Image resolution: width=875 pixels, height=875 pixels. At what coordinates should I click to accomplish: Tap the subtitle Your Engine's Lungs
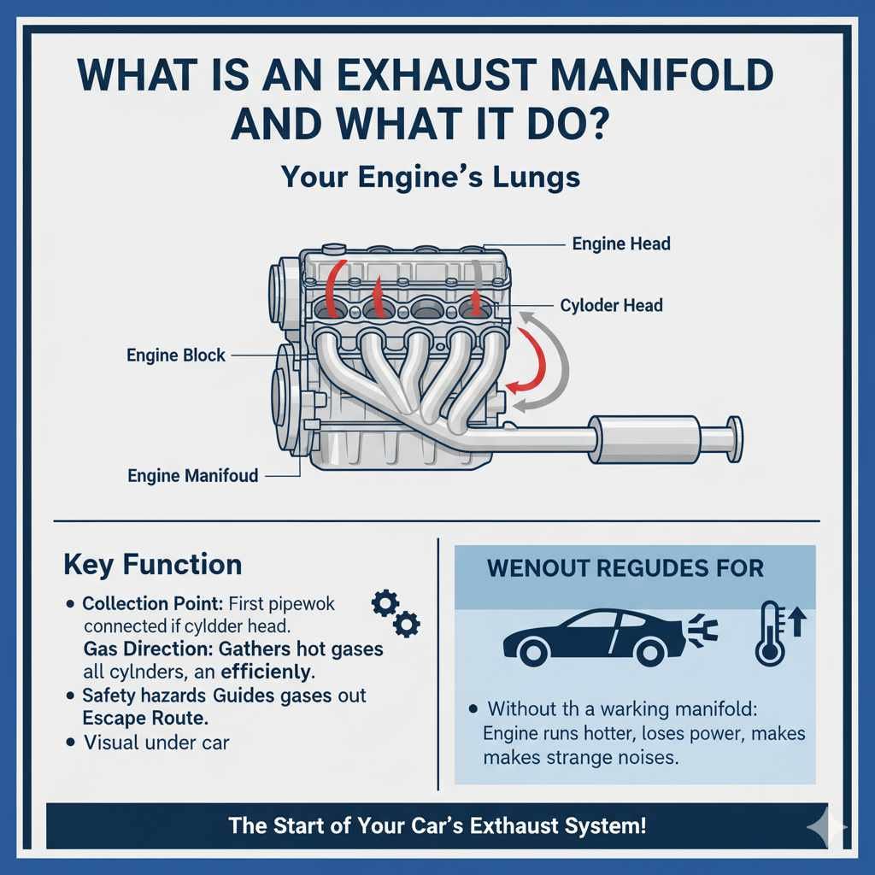click(431, 177)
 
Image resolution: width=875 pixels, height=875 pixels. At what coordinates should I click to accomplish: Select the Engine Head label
click(621, 244)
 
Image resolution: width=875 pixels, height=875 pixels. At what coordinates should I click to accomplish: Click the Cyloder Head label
click(611, 305)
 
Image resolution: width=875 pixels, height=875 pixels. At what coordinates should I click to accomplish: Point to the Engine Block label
click(176, 355)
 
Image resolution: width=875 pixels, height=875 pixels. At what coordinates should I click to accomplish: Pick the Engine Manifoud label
click(192, 475)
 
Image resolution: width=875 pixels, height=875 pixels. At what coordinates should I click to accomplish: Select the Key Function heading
click(152, 565)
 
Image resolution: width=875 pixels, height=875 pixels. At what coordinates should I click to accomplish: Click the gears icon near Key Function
click(395, 612)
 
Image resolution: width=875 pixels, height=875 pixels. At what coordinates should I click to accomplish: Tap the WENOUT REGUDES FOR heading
click(625, 568)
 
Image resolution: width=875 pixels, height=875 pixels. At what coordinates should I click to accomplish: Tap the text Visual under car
click(156, 742)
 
